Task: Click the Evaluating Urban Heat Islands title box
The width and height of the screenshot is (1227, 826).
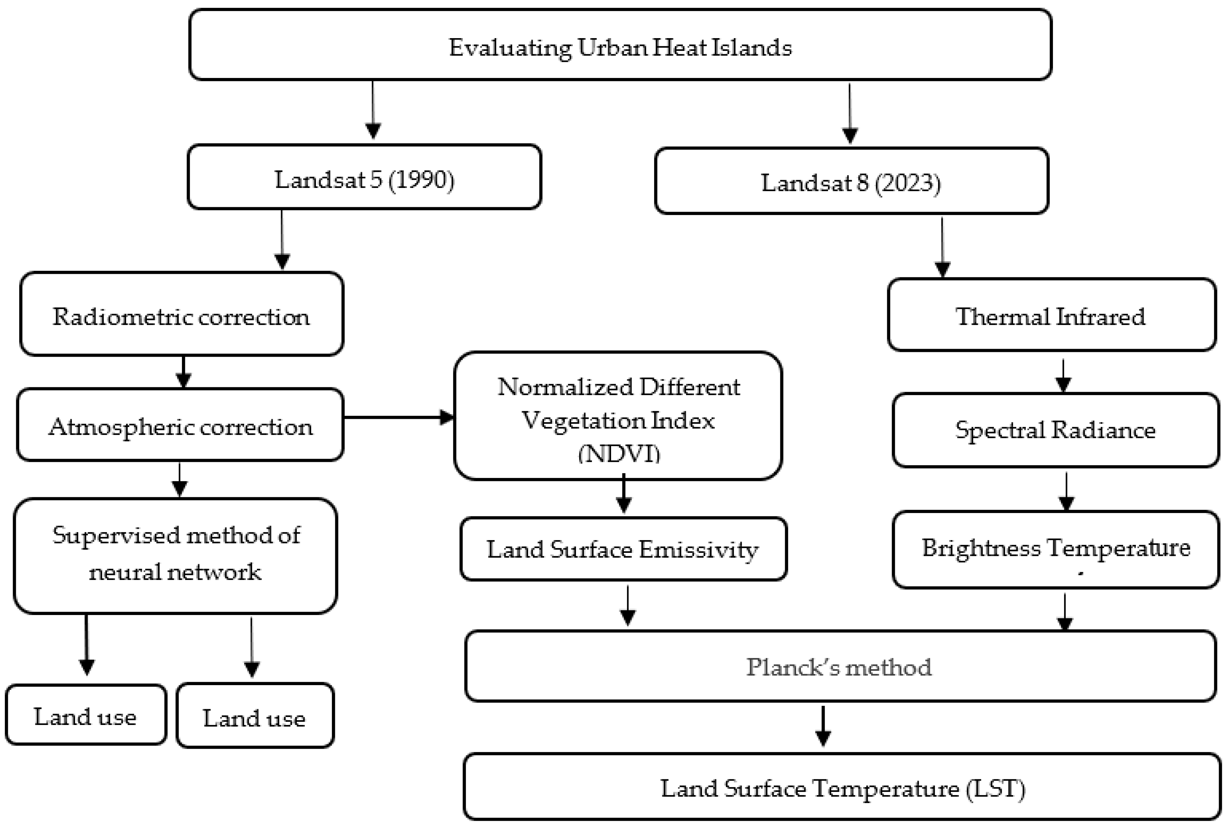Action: [x=620, y=46]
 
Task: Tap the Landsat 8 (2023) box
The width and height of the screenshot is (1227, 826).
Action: [x=851, y=182]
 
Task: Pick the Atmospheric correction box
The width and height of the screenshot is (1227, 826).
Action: [x=180, y=426]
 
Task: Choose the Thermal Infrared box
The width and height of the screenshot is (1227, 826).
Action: [x=1051, y=316]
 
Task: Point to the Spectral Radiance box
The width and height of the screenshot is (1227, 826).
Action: [x=1056, y=430]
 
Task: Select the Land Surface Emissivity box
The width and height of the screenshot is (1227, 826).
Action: [x=623, y=549]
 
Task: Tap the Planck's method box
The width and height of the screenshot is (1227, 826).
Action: [x=839, y=667]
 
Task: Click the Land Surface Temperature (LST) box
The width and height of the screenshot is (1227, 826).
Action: [x=843, y=788]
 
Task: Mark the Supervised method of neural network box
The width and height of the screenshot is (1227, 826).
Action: [x=176, y=554]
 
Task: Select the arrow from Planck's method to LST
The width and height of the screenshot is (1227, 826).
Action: [x=823, y=726]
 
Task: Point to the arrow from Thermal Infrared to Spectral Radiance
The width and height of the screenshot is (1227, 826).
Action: [x=1063, y=375]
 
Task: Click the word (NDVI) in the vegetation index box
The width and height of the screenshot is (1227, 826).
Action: [x=619, y=454]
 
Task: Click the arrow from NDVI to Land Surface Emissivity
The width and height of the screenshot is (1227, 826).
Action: [x=624, y=494]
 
